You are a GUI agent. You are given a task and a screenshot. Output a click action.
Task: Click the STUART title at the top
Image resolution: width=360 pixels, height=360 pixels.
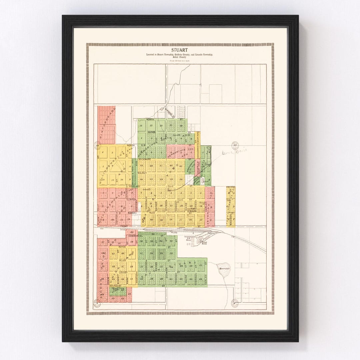point(180,50)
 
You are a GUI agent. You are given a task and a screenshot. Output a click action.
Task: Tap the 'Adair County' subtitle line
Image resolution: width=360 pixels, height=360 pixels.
point(180,57)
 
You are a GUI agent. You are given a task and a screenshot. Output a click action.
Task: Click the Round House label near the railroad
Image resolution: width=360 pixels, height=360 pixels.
point(204,242)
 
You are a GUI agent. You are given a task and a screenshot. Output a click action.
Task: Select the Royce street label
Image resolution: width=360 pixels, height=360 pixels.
point(122,247)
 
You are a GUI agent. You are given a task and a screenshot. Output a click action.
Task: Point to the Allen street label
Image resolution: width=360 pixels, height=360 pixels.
point(123,259)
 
